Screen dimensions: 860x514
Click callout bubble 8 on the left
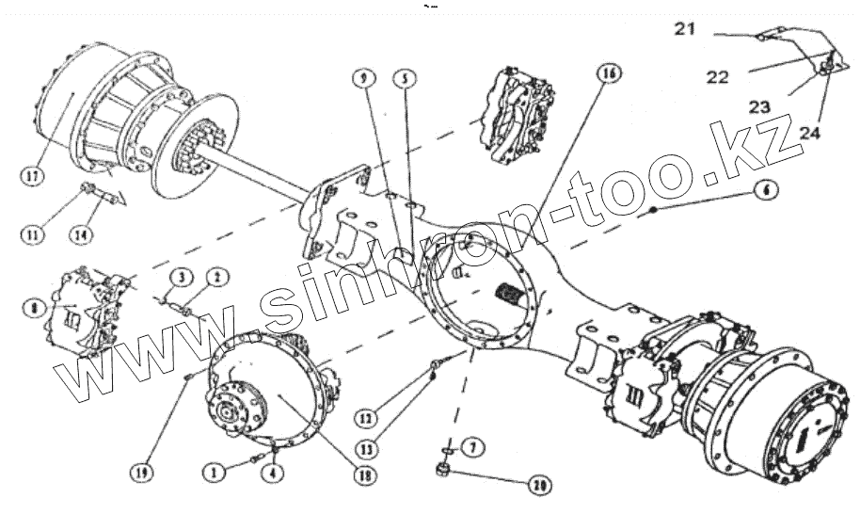click(x=35, y=308)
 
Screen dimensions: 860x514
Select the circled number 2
click(x=216, y=277)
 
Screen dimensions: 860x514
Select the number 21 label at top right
click(x=684, y=30)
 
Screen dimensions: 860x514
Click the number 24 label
click(x=809, y=134)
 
